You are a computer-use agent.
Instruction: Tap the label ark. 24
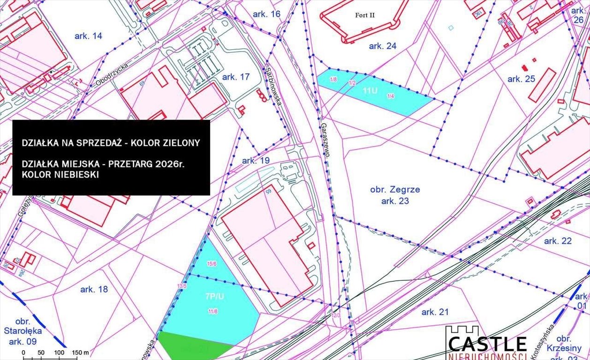click(383, 46)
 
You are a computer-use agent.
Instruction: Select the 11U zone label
click(370, 91)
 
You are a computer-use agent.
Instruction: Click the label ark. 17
click(236, 77)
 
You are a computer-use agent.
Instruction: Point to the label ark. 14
click(88, 36)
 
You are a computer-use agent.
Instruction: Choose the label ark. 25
click(521, 79)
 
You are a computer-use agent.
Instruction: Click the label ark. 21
click(435, 312)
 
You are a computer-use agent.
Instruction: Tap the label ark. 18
click(94, 289)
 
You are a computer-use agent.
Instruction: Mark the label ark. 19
click(256, 161)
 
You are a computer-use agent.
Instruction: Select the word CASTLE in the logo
click(487, 344)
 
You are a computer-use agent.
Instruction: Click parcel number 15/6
click(212, 264)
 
